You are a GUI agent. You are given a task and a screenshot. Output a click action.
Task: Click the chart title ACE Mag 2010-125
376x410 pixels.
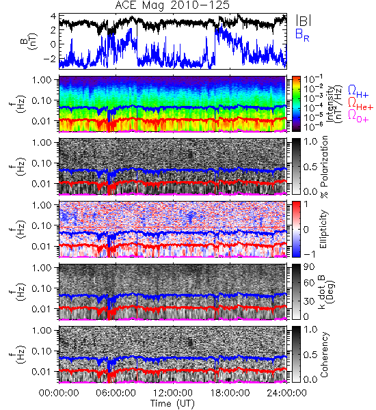point(172,5)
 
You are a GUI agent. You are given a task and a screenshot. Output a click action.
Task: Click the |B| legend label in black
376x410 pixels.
point(304,20)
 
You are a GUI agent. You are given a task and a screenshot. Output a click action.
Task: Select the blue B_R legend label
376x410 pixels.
point(302,35)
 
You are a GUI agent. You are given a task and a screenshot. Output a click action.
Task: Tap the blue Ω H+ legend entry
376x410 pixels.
point(358,92)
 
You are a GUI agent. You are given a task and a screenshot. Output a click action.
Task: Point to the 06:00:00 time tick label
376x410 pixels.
point(116,393)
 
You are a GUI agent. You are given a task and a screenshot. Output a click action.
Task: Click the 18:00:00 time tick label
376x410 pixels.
point(230,393)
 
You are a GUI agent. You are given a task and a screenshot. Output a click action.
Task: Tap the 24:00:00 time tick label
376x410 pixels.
point(286,393)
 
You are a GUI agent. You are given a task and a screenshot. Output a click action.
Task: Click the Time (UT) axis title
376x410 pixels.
point(172,404)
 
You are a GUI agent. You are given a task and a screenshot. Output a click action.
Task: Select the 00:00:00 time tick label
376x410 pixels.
point(59,393)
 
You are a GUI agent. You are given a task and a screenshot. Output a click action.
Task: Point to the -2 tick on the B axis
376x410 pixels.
point(49,59)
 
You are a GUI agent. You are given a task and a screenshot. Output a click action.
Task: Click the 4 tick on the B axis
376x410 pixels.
point(53,16)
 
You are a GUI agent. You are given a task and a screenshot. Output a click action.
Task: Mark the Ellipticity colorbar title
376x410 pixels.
point(323,230)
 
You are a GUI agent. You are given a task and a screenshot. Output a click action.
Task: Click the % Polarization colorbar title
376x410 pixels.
point(324,167)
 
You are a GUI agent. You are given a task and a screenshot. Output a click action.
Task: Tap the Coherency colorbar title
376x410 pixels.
point(324,355)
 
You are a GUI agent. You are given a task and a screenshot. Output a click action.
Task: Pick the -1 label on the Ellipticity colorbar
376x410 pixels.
point(309,254)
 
